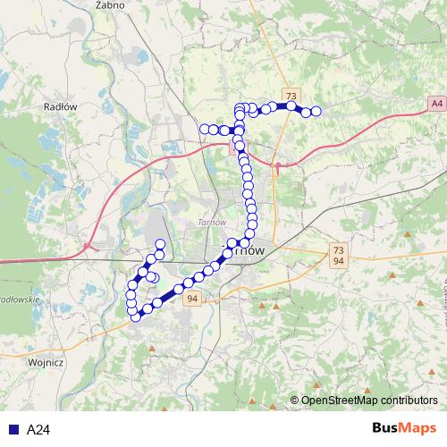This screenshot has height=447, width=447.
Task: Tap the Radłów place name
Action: [61, 105]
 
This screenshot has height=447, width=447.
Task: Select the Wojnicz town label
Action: [45, 363]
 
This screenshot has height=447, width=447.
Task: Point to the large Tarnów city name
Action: [244, 251]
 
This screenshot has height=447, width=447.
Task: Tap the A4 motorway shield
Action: [434, 104]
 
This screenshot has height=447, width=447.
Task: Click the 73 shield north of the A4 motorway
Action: [291, 95]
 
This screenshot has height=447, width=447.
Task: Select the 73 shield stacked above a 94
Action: [336, 249]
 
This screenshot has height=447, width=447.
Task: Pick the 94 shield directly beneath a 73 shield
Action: [336, 262]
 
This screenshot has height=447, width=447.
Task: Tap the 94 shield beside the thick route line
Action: [192, 300]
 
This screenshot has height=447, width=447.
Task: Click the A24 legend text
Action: [38, 430]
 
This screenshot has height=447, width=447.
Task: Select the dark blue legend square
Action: [12, 430]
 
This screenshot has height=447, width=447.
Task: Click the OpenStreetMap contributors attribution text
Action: [369, 400]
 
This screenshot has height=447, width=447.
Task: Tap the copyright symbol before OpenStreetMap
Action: [294, 400]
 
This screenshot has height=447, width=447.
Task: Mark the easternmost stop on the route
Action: [316, 112]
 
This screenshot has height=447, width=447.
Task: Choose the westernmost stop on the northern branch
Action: [204, 130]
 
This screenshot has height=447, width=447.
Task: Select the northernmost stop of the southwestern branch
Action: [161, 245]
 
